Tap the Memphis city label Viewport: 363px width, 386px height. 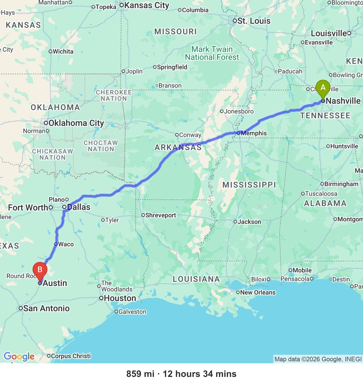coord(254,133)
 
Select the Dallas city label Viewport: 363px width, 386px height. coord(79,207)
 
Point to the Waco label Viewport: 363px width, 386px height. coord(66,244)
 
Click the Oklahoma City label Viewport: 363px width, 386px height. coord(76,123)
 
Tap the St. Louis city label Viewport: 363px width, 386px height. coord(254,21)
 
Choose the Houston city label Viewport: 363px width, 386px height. coord(120,298)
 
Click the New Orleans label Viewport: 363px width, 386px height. coord(258,292)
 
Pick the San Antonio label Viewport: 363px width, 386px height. coord(46,308)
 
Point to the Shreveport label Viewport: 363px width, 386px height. coord(161,215)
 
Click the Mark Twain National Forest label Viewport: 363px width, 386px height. coord(212,53)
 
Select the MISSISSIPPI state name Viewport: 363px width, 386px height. coord(249,185)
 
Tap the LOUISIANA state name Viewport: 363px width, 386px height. coord(196,279)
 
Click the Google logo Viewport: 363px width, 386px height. coord(19,356)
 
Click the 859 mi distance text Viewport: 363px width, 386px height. coord(140,374)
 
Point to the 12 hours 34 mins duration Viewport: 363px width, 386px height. coord(199,374)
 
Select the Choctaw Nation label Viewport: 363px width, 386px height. coord(101,146)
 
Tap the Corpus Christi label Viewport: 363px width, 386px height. coord(71,356)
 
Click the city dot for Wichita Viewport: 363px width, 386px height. coord(50,51)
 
